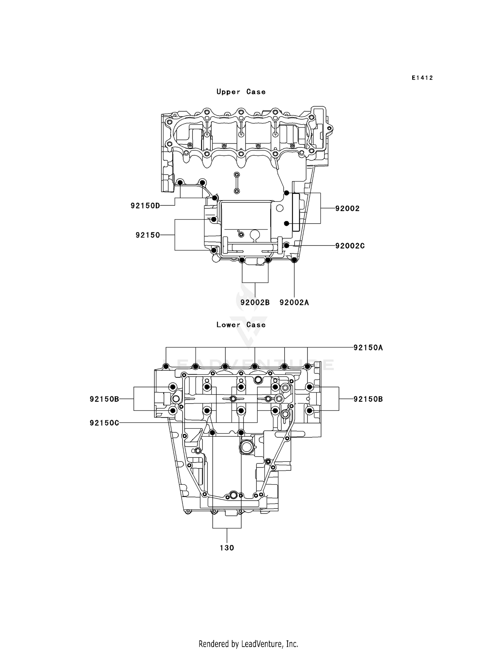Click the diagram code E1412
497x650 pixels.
pos(422,78)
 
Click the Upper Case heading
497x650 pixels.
pos(241,92)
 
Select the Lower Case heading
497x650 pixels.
pos(241,325)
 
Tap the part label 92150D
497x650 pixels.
pos(145,206)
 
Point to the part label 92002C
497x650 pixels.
pos(350,246)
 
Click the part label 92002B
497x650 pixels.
pos(255,302)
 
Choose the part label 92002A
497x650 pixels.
pos(294,302)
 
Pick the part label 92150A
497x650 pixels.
pos(368,348)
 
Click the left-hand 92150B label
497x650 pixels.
pos(104,399)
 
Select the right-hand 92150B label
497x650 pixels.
pos(368,399)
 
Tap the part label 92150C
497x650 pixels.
pos(104,423)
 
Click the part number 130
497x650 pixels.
pos(227,548)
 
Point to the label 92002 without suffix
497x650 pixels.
pos(347,208)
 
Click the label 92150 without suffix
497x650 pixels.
pos(148,235)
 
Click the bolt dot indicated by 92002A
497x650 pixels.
pos(294,260)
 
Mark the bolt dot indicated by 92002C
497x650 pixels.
pos(287,245)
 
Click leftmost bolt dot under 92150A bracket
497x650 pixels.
pos(166,366)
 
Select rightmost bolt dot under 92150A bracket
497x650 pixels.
pos(307,366)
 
